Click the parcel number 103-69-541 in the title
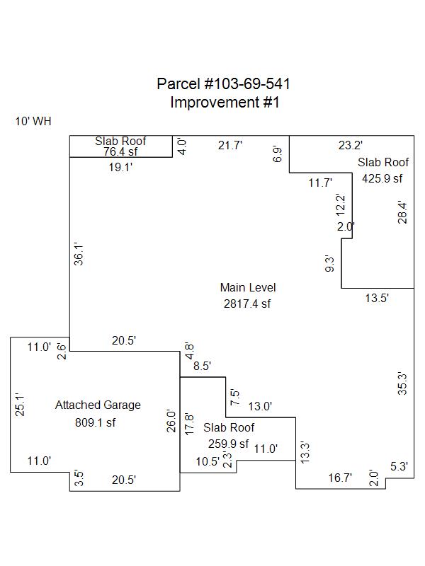pos(246,84)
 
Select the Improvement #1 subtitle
pos(225,102)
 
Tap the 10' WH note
pos(33,122)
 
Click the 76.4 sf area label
pos(120,151)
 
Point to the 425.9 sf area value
pos(382,178)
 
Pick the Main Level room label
pos(248,287)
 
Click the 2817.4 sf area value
pos(248,304)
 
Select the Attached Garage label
pos(98,405)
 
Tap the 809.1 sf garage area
pos(95,423)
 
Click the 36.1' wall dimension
pos(79,254)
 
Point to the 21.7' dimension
pos(230,145)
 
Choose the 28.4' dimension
pos(402,212)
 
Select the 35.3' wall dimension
pos(402,383)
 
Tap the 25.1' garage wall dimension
pos(21,405)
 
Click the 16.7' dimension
pos(339,478)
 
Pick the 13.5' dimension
pos(377,298)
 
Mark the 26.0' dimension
pos(171,422)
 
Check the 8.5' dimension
pos(202,366)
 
